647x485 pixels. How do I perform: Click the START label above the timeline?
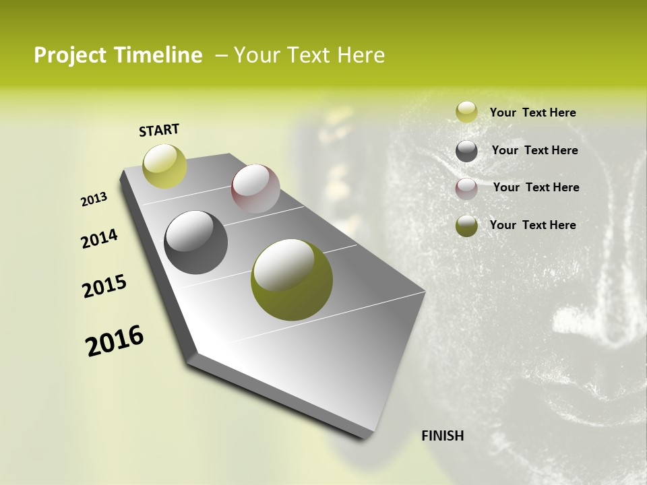(159, 130)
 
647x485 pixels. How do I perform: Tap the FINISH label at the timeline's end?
(442, 436)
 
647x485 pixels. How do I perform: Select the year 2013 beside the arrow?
(94, 199)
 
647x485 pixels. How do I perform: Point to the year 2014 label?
(99, 238)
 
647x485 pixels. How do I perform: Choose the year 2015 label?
(104, 286)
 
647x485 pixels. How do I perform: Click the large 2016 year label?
(115, 341)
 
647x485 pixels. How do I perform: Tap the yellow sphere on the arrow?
(164, 166)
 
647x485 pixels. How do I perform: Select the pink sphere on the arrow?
(255, 189)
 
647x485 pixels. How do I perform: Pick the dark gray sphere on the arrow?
(195, 243)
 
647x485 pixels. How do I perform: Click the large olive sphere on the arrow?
(291, 280)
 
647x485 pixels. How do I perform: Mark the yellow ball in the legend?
(466, 112)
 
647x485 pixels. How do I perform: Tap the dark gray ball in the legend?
(466, 151)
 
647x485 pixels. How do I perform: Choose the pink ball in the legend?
(466, 189)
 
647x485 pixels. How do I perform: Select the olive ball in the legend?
(466, 226)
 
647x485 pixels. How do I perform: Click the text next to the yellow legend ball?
(532, 112)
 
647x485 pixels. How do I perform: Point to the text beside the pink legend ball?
(536, 187)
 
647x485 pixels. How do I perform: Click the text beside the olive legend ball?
(532, 225)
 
